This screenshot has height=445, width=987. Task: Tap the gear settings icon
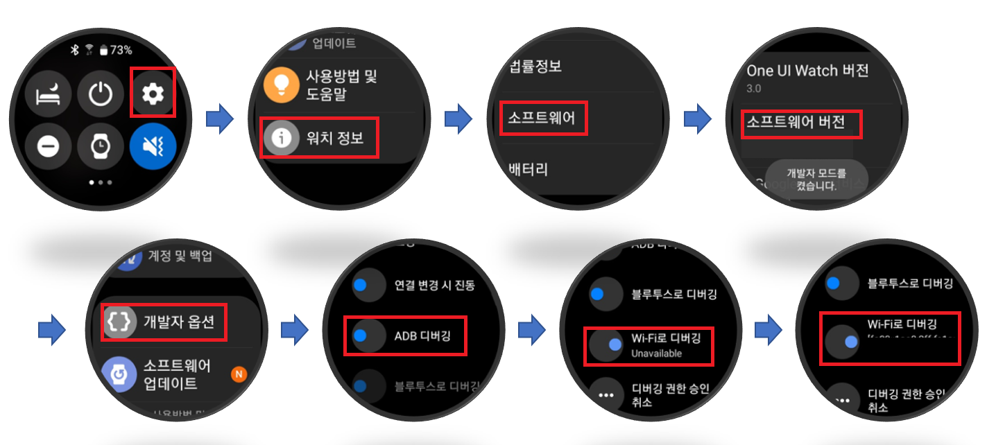click(153, 93)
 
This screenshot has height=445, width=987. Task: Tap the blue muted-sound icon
click(153, 146)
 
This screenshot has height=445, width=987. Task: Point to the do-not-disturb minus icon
click(48, 146)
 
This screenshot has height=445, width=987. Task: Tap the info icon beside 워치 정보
click(282, 137)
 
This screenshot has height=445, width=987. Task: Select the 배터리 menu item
click(528, 168)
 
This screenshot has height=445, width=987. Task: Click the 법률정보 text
click(535, 67)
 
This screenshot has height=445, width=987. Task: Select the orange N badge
click(239, 375)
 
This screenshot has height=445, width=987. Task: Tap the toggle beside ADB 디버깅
click(366, 336)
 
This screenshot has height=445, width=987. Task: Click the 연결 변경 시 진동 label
click(434, 285)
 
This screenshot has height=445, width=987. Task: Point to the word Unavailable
click(656, 354)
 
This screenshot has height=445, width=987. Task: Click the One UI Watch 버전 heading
click(807, 70)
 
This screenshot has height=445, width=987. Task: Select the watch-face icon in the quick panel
click(101, 146)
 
